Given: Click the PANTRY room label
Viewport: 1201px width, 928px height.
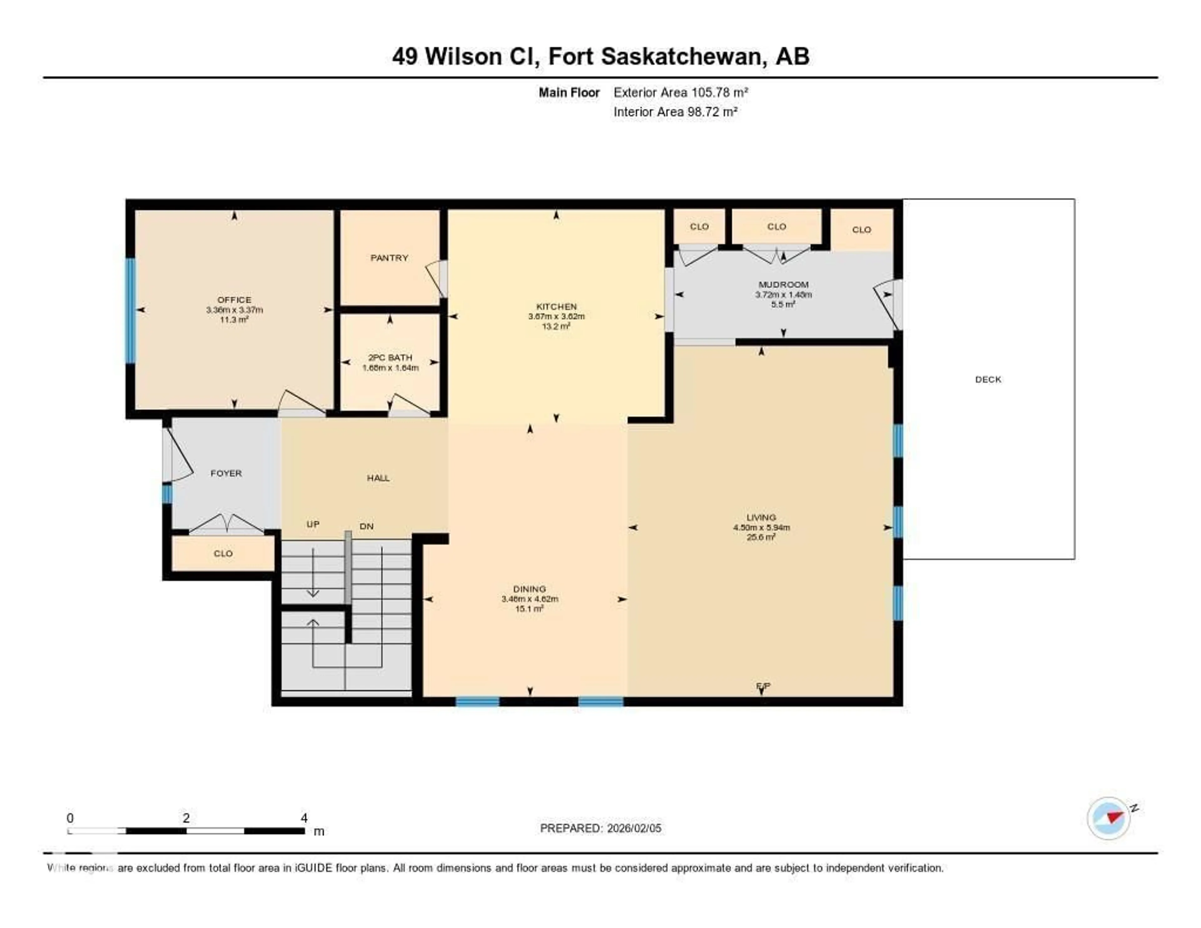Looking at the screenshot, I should [389, 257].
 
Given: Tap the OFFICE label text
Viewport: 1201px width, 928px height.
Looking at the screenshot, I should [234, 300].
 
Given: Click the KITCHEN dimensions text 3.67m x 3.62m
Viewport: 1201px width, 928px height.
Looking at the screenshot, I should [556, 316].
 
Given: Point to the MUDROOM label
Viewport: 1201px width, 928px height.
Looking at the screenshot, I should [783, 284].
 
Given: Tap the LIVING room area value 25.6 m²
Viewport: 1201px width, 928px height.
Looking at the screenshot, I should [761, 538].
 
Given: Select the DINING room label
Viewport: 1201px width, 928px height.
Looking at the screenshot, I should [530, 589].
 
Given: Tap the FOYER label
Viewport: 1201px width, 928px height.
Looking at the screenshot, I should [226, 473].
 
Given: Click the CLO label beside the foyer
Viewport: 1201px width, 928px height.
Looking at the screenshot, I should [223, 553].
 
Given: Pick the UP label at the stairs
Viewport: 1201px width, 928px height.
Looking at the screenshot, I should [313, 524].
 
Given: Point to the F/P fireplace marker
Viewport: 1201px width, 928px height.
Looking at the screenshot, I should [763, 686].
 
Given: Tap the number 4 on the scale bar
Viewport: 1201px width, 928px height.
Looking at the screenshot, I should [304, 818].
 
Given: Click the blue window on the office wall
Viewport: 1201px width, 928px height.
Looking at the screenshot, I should [130, 311].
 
